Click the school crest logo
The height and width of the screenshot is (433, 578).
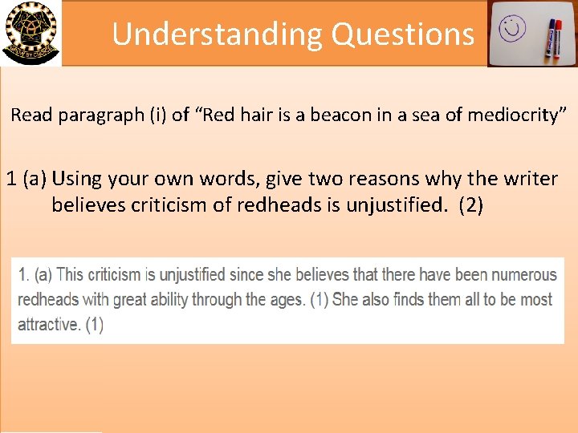(31, 32)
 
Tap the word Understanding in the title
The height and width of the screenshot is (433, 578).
(216, 34)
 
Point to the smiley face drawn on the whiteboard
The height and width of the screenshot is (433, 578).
(511, 30)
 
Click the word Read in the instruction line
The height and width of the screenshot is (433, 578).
(31, 115)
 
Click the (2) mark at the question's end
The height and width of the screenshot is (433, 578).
(470, 205)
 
